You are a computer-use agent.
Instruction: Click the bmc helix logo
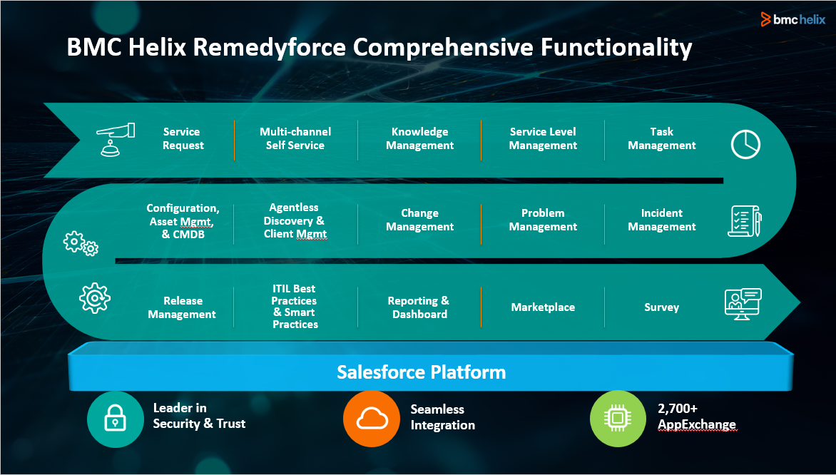coord(792,19)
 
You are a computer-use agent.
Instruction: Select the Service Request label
coord(183,138)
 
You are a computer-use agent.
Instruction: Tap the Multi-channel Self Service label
coord(295,138)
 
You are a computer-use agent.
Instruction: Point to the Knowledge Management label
coord(419,138)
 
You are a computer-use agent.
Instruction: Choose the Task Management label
coord(661,138)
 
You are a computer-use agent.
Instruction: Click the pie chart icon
coord(745,145)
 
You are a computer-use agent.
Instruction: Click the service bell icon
coord(115,138)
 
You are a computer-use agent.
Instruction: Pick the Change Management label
coord(419,220)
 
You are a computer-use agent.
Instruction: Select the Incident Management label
coord(661,220)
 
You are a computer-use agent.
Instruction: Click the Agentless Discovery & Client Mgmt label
coord(295,220)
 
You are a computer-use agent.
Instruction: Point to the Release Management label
coord(182,307)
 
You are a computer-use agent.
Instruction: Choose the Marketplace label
coord(543,307)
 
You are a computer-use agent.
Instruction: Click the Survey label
coord(661,307)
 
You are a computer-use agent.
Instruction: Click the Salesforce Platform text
coord(421,372)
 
